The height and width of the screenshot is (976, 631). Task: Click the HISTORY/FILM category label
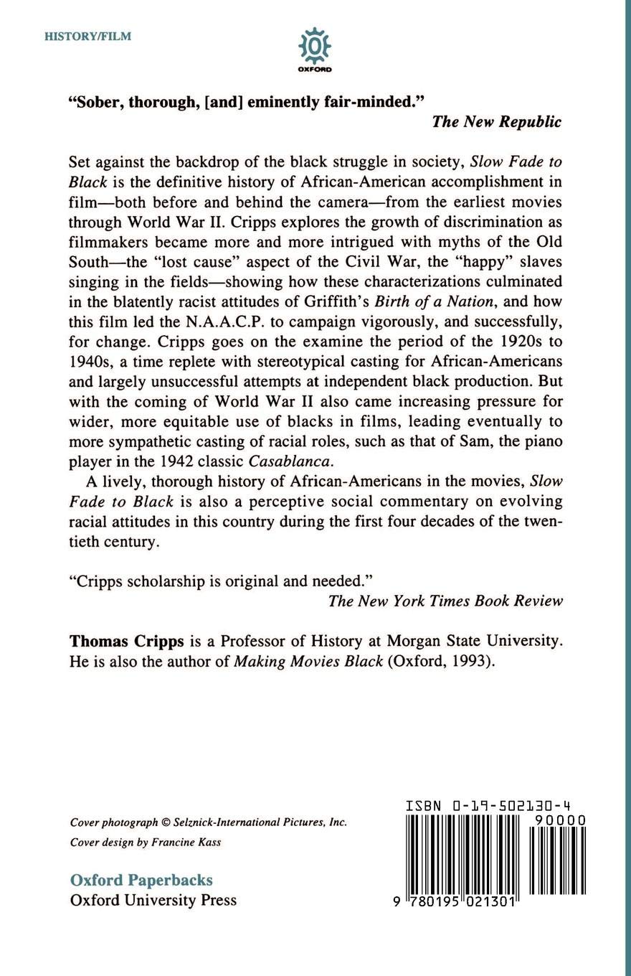87,37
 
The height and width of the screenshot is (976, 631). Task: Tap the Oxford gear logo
314,47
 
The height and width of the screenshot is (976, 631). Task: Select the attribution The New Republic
496,121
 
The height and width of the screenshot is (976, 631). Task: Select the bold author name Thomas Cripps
127,641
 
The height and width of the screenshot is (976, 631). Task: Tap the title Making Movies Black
308,661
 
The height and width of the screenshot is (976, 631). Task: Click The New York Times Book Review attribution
445,601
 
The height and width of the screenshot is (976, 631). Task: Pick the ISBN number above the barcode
488,806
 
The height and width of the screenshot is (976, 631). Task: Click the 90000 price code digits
560,820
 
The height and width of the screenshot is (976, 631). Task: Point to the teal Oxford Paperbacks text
141,880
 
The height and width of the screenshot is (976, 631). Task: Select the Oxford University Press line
153,900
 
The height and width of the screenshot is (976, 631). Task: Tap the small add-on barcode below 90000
557,861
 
